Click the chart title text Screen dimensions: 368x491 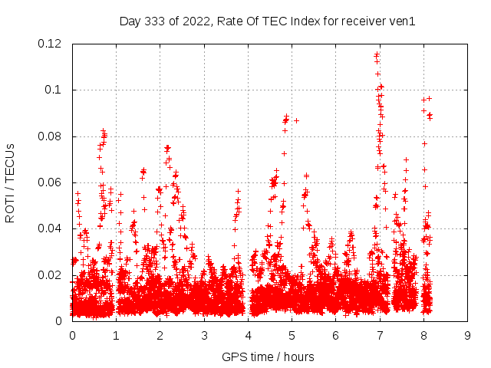(268, 21)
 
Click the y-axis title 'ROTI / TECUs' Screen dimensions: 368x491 (11, 182)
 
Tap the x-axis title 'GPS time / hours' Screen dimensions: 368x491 (268, 356)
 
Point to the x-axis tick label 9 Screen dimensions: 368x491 (467, 335)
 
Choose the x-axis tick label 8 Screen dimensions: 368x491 (423, 335)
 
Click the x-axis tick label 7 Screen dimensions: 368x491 (380, 335)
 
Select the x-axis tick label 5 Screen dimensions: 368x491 (292, 335)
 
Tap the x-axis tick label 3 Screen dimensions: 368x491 (204, 335)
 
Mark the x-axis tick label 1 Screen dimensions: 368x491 (116, 335)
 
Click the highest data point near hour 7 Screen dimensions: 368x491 (377, 54)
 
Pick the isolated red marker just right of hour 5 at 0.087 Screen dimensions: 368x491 (296, 120)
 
